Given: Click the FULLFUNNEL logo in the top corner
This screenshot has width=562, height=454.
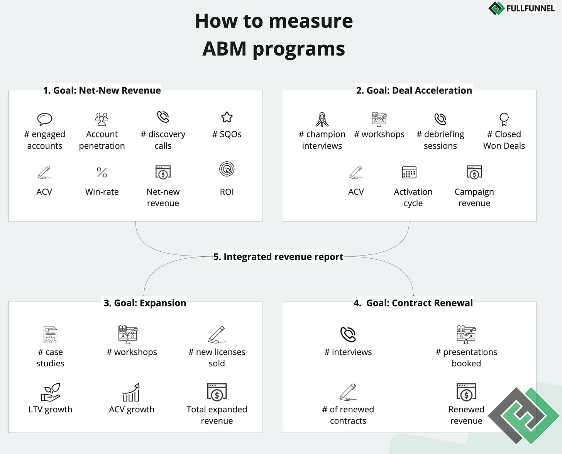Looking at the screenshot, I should (521, 8).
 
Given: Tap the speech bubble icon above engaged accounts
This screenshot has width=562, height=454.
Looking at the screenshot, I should (45, 119).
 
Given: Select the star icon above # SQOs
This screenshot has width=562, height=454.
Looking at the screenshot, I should (227, 117).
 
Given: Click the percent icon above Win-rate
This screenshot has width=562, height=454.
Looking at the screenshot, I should (102, 172).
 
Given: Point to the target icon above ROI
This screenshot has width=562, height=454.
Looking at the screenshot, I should (227, 169).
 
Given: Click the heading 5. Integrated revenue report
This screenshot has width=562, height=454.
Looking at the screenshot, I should (278, 257).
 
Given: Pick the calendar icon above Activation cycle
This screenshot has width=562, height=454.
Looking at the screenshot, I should (409, 172).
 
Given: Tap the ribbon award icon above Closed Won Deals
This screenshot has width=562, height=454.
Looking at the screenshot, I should (504, 119).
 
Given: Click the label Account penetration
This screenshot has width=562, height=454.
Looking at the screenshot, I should (102, 140).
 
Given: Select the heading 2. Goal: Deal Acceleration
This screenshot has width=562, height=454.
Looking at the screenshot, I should (414, 90).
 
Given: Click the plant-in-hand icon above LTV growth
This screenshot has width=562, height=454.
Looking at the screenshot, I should (51, 392).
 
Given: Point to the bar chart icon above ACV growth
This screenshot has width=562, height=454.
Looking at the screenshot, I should (131, 392).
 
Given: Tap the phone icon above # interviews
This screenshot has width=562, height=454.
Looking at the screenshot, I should (348, 334).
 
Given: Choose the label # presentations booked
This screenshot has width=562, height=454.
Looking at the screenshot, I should (466, 357).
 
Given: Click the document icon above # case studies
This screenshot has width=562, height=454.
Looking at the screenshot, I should (51, 335).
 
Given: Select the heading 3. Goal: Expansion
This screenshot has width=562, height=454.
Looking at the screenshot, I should (145, 303).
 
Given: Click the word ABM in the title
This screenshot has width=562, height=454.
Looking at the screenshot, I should (224, 49).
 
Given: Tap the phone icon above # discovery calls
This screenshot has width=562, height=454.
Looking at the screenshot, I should (163, 117).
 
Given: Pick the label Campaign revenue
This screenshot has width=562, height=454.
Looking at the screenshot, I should (474, 197).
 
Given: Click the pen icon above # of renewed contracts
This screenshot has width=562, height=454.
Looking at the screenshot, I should (348, 392).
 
